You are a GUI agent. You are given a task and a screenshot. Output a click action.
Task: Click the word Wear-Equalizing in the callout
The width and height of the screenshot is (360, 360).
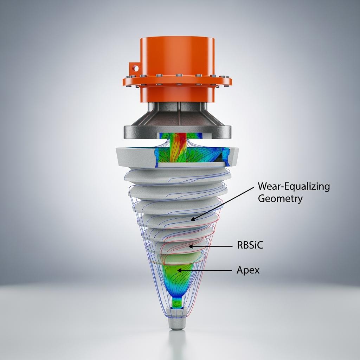pos(294,186)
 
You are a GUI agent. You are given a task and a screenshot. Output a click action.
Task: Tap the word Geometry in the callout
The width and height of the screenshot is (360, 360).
pos(280,199)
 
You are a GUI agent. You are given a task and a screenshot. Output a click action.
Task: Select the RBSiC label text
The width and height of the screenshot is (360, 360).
pos(250,245)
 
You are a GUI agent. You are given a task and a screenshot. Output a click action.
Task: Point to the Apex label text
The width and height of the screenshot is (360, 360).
pos(248,270)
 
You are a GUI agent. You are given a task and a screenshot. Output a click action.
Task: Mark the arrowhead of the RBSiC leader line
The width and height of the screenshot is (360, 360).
pos(191,246)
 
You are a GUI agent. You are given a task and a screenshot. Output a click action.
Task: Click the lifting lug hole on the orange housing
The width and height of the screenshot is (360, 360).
pos(136,68)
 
